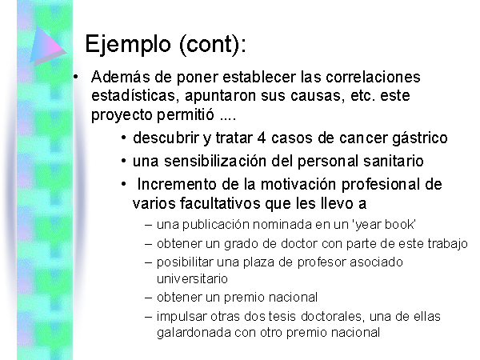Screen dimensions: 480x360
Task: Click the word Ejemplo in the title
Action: pyautogui.click(x=128, y=45)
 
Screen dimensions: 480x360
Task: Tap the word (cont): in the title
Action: pyautogui.click(x=213, y=45)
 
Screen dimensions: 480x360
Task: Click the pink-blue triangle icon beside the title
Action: pyautogui.click(x=48, y=46)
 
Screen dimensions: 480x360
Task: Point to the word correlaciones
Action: pyautogui.click(x=373, y=77)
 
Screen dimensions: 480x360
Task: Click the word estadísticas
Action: pyautogui.click(x=133, y=95)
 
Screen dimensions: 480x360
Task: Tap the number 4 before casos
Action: pyautogui.click(x=262, y=138)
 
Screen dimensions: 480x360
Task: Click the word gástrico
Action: pyautogui.click(x=420, y=138)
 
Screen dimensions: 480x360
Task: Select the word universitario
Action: pyautogui.click(x=192, y=279)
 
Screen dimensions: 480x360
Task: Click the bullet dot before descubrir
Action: pyautogui.click(x=124, y=138)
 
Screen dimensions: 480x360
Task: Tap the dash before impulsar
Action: pyautogui.click(x=148, y=317)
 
